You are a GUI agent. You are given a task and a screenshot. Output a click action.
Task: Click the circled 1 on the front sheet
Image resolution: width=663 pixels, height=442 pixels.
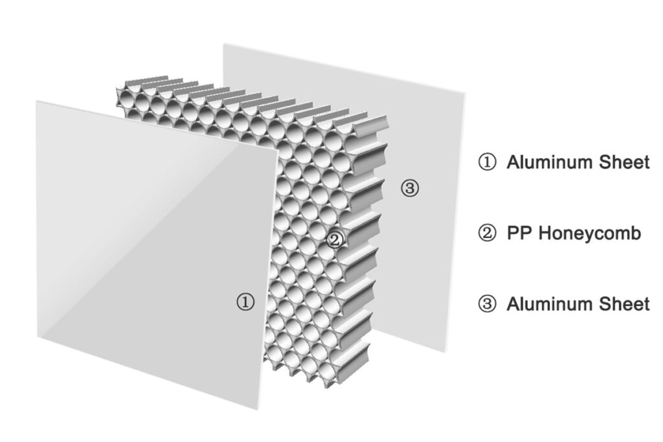[245, 302]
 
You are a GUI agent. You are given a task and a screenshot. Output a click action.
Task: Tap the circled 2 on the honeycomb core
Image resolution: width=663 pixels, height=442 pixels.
[335, 240]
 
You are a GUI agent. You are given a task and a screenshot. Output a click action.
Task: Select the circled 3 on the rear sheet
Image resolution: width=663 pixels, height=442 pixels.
[410, 188]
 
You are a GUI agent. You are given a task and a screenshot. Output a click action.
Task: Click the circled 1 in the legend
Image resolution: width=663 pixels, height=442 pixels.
[487, 162]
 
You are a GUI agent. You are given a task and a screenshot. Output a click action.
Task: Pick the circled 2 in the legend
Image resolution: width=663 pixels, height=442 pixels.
[487, 233]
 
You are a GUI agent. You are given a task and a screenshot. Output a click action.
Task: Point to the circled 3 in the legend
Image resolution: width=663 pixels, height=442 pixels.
[487, 304]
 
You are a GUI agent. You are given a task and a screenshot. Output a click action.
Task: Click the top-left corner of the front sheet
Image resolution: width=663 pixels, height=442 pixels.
[36, 101]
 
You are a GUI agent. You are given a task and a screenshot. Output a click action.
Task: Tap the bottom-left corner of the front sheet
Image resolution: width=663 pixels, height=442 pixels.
[38, 337]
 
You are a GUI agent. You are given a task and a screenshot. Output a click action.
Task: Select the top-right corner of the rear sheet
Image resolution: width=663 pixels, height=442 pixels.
[464, 94]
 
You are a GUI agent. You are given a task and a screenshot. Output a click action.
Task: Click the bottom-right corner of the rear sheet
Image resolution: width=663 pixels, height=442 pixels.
[445, 351]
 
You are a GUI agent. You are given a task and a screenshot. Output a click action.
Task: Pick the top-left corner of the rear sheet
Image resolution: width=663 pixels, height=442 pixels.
[223, 44]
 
